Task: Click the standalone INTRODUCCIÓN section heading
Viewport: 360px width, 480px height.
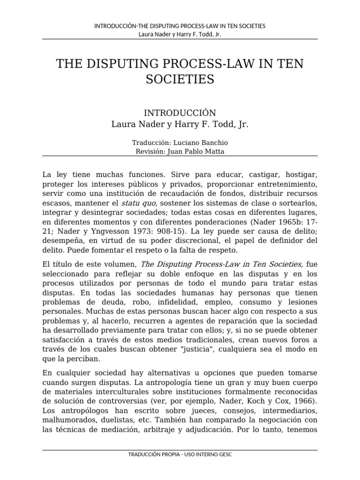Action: point(180,113)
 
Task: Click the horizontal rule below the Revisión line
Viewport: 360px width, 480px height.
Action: point(180,156)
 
